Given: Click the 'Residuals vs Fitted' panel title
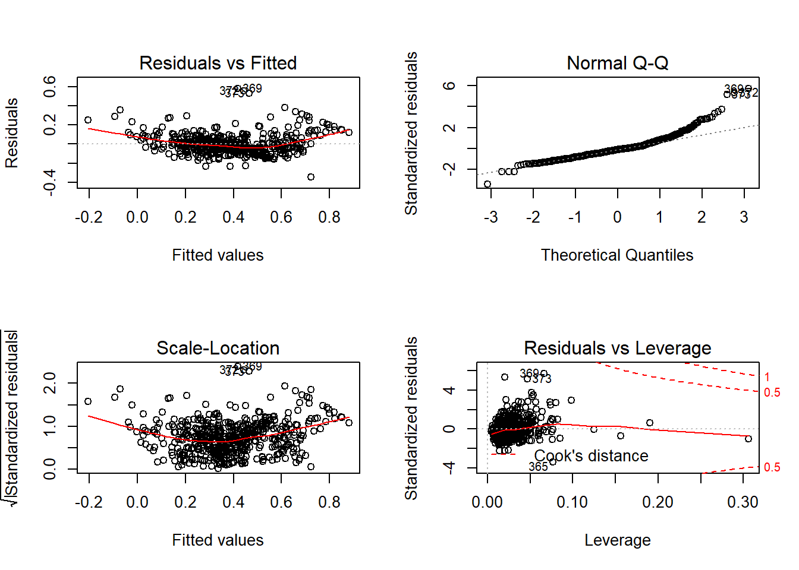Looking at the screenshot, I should coord(218,63).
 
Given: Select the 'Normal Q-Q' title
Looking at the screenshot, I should coord(617,63).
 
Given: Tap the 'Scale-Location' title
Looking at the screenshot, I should coord(218,348).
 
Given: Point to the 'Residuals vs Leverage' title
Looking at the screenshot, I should coord(617,348).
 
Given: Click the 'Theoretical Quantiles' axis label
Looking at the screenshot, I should coord(617,255).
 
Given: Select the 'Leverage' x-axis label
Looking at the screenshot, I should coord(617,540).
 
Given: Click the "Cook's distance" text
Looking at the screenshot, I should coord(591,456).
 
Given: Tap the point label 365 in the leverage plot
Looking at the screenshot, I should coord(538,467).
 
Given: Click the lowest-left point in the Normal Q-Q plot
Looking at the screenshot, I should coord(487,184).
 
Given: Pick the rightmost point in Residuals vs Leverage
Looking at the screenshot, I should coord(748,439).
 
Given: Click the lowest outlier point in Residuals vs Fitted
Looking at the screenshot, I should coord(310,177).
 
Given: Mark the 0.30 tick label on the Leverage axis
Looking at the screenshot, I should coord(743,502).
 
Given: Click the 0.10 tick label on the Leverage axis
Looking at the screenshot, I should coord(572,502).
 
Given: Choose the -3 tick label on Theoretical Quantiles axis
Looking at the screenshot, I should coord(490,217).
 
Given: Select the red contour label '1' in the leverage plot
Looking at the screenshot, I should coord(767,377).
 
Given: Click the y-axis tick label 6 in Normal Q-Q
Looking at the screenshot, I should coord(449,85).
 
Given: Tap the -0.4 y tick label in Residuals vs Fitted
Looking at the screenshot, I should coord(50,182).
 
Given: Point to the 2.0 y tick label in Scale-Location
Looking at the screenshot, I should coord(50,383).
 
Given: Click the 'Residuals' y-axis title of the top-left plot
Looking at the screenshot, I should coord(12,133).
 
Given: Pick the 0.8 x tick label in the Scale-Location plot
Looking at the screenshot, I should coord(329,502).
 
